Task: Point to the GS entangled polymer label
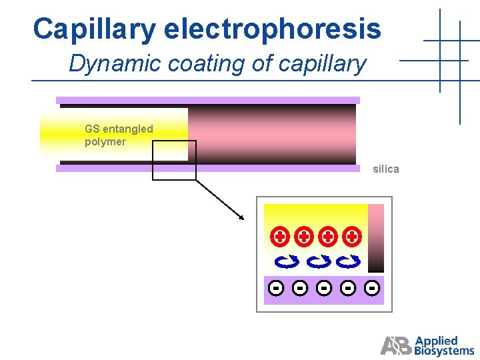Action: [x=118, y=135]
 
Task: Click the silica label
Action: [x=386, y=169]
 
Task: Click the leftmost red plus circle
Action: [x=280, y=236]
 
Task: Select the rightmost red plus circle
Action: [x=352, y=236]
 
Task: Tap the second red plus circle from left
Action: [x=304, y=236]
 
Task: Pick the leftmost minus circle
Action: [x=276, y=288]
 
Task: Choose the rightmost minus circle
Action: [x=373, y=288]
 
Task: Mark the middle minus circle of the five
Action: [x=324, y=288]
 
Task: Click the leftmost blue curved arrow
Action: [x=287, y=261]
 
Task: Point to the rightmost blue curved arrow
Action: [x=347, y=261]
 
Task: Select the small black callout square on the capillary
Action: [x=174, y=160]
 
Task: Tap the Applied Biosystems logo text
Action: [x=444, y=345]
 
